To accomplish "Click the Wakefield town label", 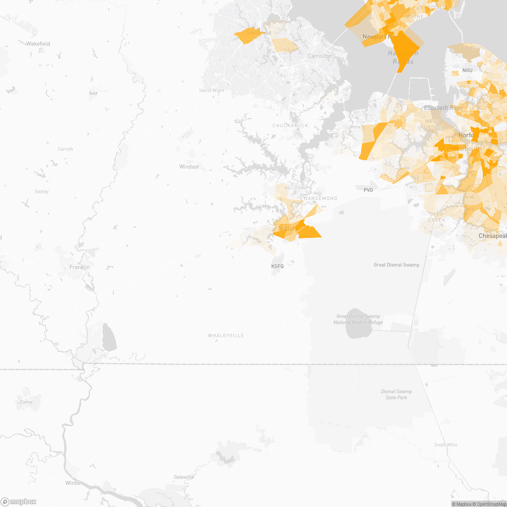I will click(x=38, y=44).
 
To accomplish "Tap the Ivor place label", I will click(x=93, y=93).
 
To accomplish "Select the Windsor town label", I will click(x=189, y=167).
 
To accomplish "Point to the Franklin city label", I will click(x=79, y=267).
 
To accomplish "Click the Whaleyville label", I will click(x=226, y=335).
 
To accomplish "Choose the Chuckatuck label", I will click(x=290, y=125).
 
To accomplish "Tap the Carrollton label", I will click(x=320, y=56).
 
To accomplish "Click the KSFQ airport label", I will click(x=277, y=266).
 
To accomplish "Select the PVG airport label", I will click(x=368, y=190).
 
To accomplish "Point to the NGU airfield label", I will click(x=467, y=70).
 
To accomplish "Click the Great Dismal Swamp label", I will click(x=396, y=265).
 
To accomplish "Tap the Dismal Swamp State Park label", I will click(x=396, y=395).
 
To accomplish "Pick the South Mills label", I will click(x=445, y=444).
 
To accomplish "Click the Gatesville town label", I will click(x=184, y=477).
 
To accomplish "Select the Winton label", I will click(x=74, y=483).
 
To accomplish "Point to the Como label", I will click(x=26, y=402).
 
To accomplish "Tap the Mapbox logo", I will click(x=19, y=502).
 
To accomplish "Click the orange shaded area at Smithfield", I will click(x=246, y=36).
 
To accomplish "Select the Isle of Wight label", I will click(x=212, y=90).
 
